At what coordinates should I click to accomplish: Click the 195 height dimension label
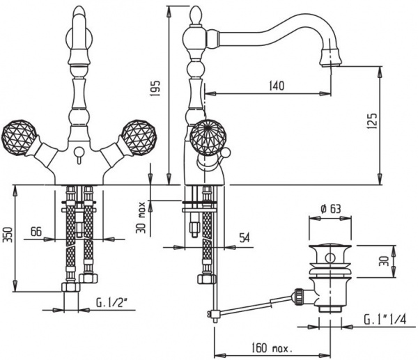click(x=156, y=88)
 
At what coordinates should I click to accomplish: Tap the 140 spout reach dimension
click(x=277, y=86)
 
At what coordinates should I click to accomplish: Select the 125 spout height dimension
click(x=372, y=122)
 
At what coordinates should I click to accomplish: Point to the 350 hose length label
click(x=8, y=235)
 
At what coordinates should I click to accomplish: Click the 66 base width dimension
click(x=36, y=231)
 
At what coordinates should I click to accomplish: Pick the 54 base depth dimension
click(x=245, y=237)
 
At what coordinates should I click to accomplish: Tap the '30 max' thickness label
click(x=141, y=218)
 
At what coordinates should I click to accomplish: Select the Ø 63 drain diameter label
click(x=330, y=209)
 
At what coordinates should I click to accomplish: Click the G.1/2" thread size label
click(x=112, y=303)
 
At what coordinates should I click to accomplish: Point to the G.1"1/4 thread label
click(x=385, y=320)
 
